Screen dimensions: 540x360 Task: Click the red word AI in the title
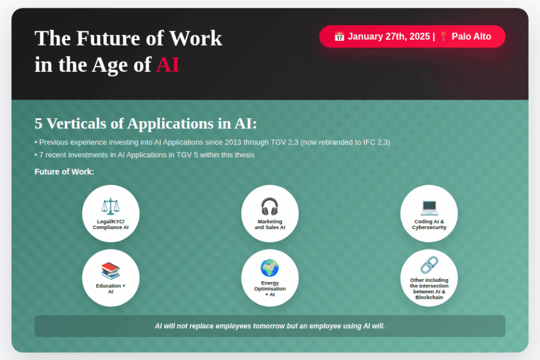[168, 64]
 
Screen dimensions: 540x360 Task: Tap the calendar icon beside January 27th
[339, 36]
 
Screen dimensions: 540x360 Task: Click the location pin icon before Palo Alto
[443, 36]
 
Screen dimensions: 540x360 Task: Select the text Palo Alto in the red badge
[471, 36]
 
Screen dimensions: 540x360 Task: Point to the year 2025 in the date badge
[419, 36]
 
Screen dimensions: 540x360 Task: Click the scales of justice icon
[110, 206]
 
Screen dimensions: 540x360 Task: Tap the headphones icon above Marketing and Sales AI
[269, 206]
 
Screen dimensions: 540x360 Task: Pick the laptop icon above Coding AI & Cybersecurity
[429, 207]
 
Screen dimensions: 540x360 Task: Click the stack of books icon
[110, 271]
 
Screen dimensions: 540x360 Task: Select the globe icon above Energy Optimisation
[269, 268]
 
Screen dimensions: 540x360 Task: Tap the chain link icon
[429, 265]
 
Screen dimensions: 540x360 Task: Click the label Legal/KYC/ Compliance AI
[110, 224]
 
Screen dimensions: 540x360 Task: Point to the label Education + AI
[110, 289]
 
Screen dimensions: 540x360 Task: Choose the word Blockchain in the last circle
[429, 298]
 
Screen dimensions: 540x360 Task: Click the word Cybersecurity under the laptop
[429, 227]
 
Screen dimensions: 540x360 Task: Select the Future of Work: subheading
[64, 172]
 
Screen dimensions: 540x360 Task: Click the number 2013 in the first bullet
[232, 142]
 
